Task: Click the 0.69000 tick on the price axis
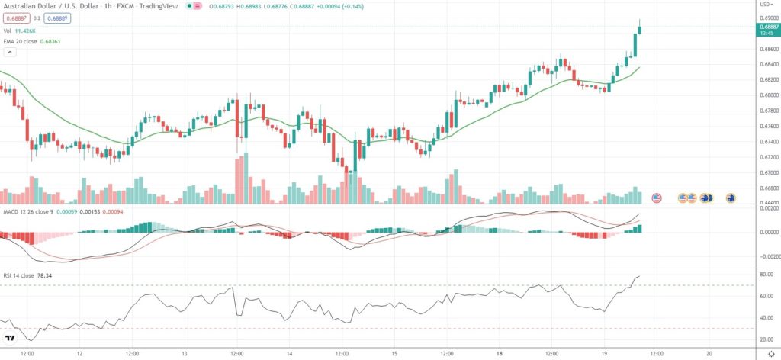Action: pyautogui.click(x=767, y=16)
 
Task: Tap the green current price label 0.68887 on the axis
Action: pyautogui.click(x=767, y=26)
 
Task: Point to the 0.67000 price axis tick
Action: pyautogui.click(x=767, y=172)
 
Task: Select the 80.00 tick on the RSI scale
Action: pyautogui.click(x=766, y=275)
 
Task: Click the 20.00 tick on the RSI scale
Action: pyautogui.click(x=766, y=339)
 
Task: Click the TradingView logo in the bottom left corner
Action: pyautogui.click(x=11, y=339)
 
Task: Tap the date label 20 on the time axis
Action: pyautogui.click(x=709, y=354)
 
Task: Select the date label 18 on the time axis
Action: pyautogui.click(x=499, y=354)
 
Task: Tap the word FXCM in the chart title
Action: pyautogui.click(x=125, y=6)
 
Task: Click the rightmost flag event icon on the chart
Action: pyautogui.click(x=731, y=198)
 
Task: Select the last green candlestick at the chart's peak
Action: pyautogui.click(x=639, y=29)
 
